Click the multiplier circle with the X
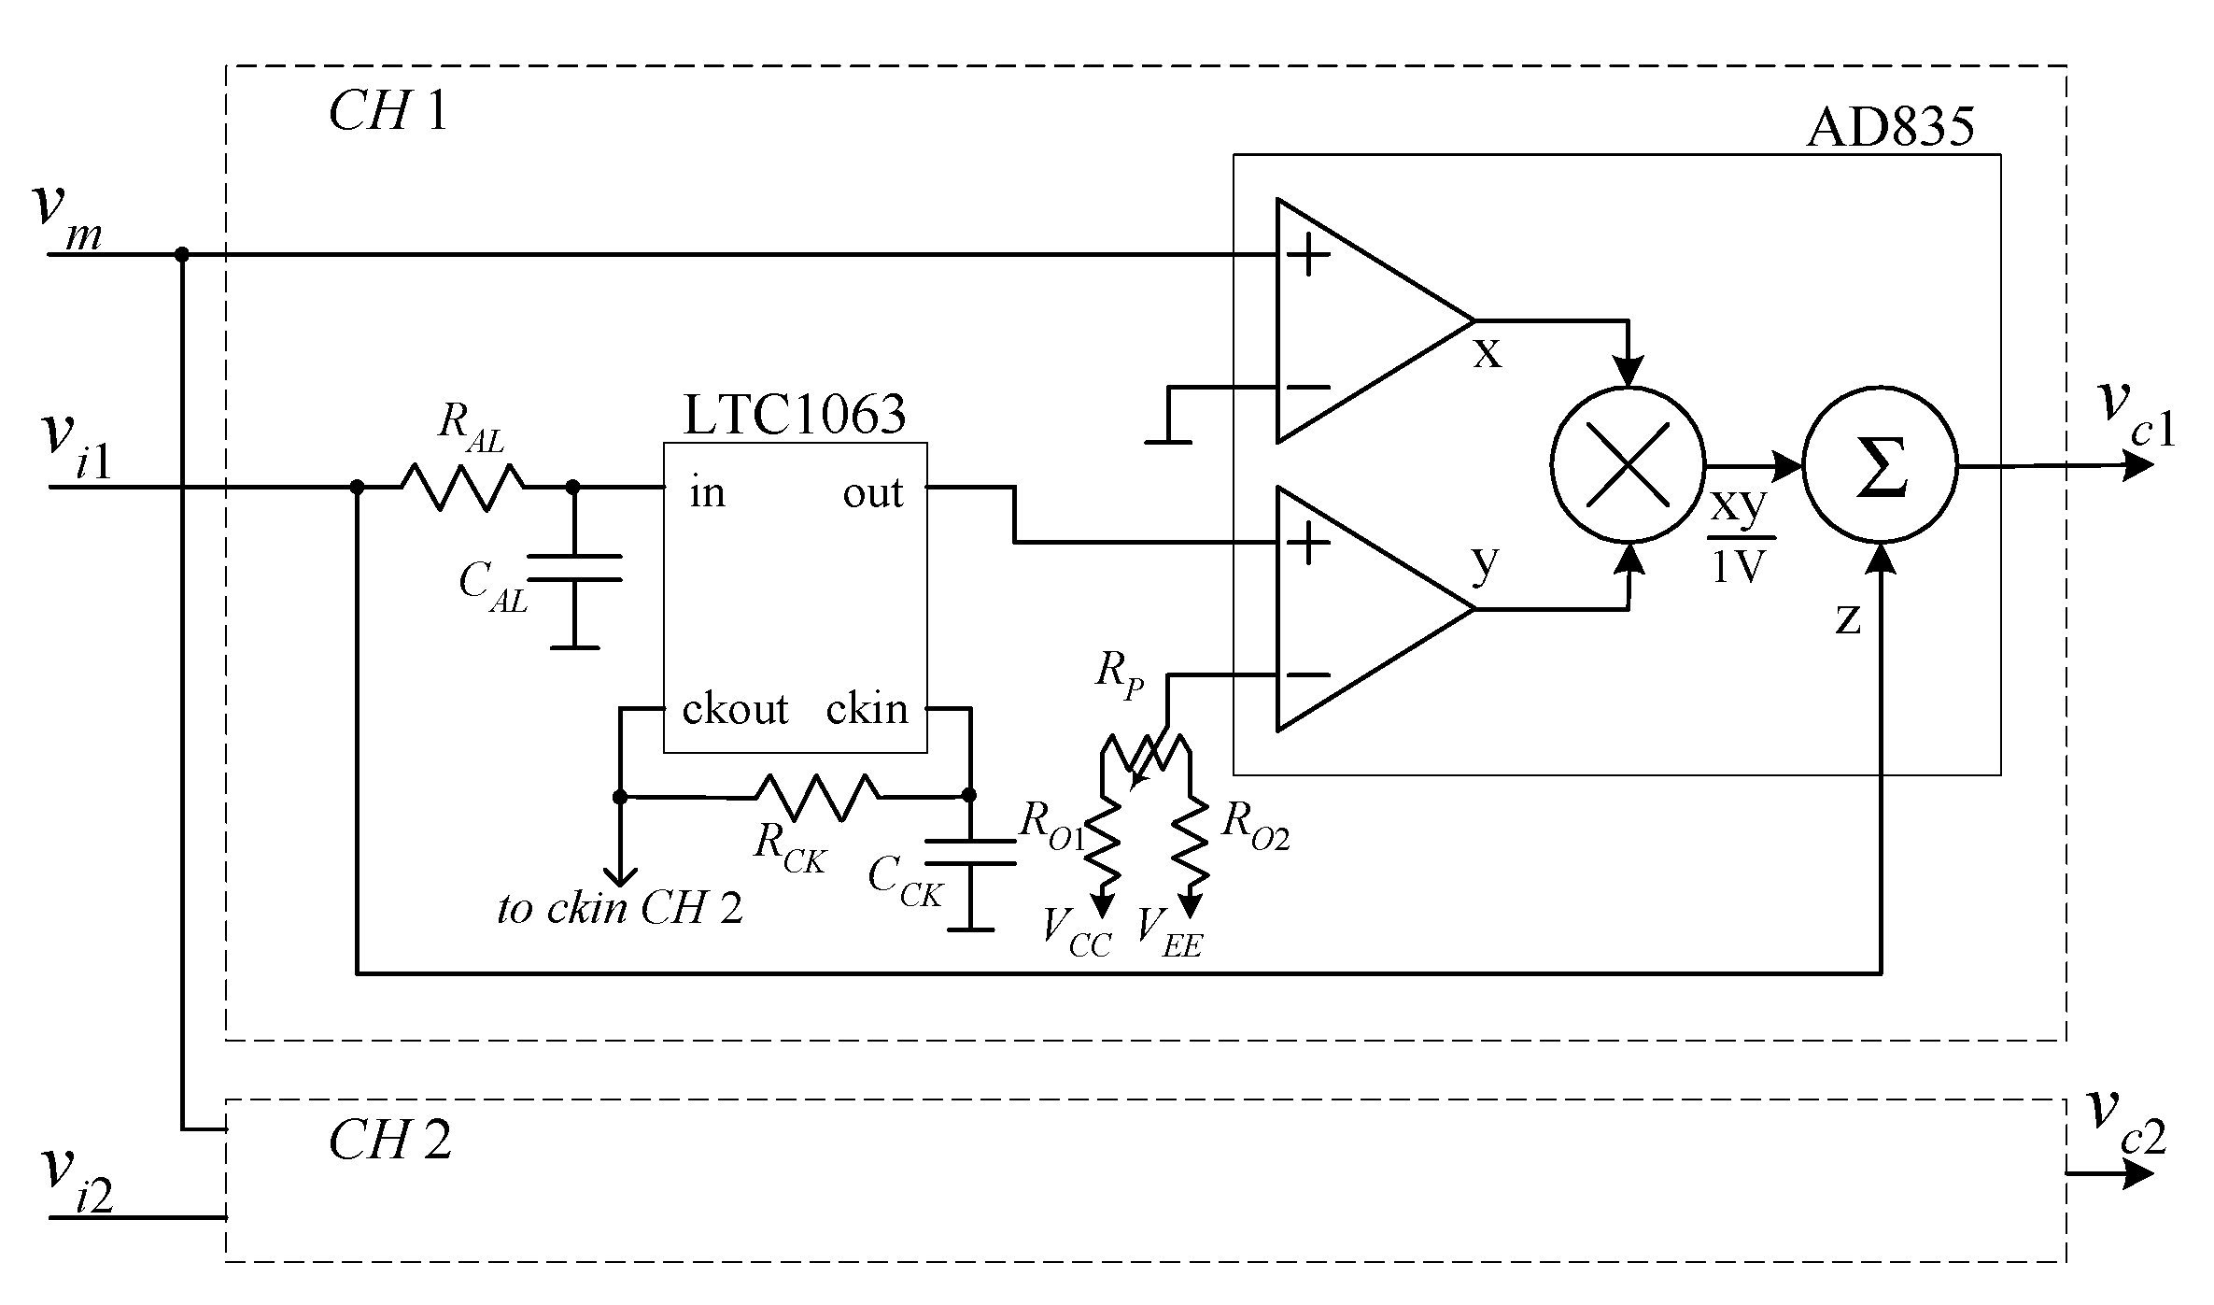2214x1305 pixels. coord(1627,464)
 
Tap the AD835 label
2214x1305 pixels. coord(1891,127)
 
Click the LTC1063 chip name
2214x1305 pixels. coord(795,415)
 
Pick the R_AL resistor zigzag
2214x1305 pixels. coord(462,487)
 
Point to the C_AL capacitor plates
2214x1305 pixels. coord(573,567)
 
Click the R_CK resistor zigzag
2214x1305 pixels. coord(816,797)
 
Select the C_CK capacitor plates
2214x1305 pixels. coord(969,852)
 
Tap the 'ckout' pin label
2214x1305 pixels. coord(735,709)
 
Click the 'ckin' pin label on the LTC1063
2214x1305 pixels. coord(867,709)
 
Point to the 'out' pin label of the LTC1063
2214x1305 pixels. coord(872,493)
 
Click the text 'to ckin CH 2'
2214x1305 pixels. coord(620,908)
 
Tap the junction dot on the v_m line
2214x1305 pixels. coord(182,254)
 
